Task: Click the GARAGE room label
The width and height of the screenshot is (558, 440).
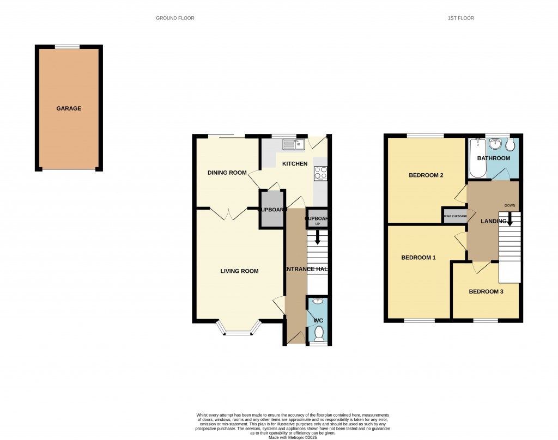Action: pyautogui.click(x=69, y=108)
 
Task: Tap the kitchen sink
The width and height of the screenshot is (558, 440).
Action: pyautogui.click(x=293, y=144)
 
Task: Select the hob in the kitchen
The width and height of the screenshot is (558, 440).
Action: pyautogui.click(x=320, y=173)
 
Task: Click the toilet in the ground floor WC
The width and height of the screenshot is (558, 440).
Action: pyautogui.click(x=319, y=333)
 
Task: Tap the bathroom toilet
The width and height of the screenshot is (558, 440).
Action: pyautogui.click(x=510, y=145)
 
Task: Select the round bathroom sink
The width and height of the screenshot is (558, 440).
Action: pyautogui.click(x=495, y=144)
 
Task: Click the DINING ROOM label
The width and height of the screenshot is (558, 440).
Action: pyautogui.click(x=227, y=173)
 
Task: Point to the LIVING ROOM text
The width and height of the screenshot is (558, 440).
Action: pyautogui.click(x=239, y=271)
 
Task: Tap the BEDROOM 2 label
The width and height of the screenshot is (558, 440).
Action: pyautogui.click(x=426, y=175)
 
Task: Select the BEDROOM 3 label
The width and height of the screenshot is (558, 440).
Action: pyautogui.click(x=486, y=291)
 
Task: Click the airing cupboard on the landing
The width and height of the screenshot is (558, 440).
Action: pyautogui.click(x=455, y=216)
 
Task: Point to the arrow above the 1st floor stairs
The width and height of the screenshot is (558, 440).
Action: pyautogui.click(x=510, y=219)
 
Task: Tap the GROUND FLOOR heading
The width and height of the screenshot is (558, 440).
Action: pyautogui.click(x=175, y=18)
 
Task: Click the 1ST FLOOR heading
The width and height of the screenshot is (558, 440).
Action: pyautogui.click(x=461, y=18)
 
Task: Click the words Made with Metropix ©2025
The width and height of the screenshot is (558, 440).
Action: pyautogui.click(x=293, y=437)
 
